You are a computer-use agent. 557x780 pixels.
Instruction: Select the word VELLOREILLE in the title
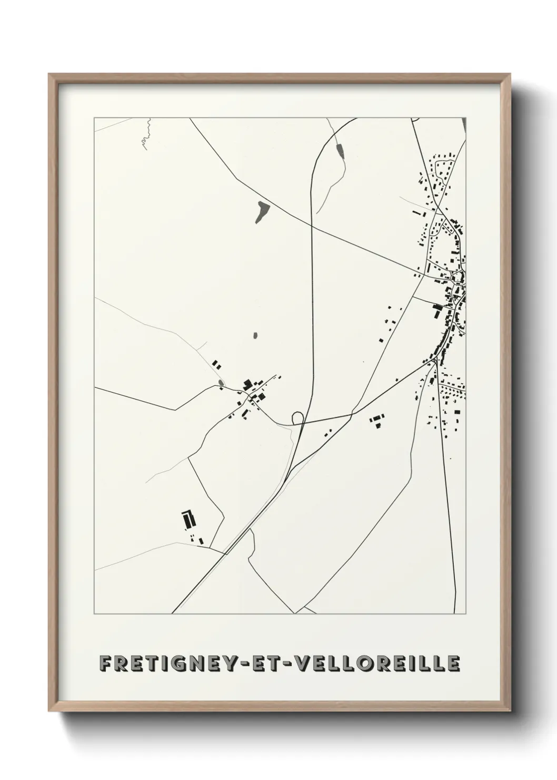(x=377, y=664)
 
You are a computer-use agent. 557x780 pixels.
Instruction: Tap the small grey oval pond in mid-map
(x=255, y=335)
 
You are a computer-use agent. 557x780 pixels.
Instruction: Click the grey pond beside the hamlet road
(x=220, y=383)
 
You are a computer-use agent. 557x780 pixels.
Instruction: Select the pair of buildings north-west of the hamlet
(x=216, y=364)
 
